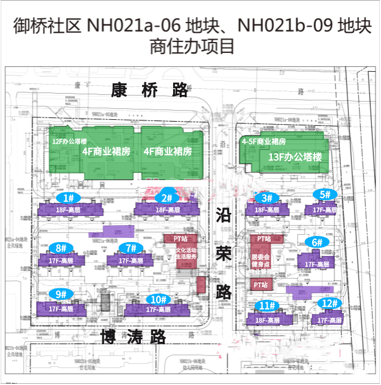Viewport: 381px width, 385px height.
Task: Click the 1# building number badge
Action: click(68, 198)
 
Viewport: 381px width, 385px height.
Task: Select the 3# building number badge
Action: click(266, 198)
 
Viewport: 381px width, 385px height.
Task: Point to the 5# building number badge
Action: click(325, 195)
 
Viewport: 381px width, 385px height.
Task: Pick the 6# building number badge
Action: click(317, 241)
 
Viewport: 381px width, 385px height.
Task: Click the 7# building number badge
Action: click(129, 248)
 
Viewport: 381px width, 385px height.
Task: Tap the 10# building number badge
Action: click(159, 299)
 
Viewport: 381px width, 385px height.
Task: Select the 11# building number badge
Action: click(265, 306)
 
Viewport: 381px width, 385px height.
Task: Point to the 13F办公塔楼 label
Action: click(294, 157)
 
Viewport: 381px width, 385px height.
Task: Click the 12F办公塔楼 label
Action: click(65, 141)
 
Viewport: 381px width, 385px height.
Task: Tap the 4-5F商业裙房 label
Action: click(264, 141)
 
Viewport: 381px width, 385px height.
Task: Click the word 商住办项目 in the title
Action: click(191, 46)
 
